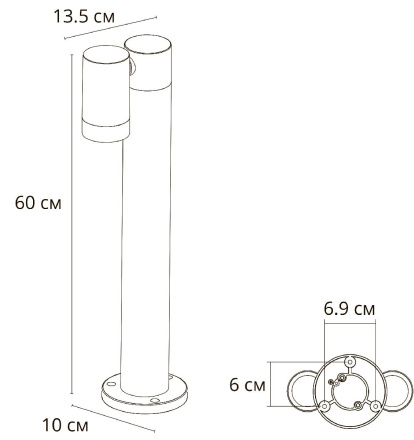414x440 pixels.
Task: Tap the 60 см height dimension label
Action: [39, 203]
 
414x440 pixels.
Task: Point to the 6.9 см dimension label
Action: [349, 310]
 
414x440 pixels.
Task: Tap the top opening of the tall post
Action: [145, 42]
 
